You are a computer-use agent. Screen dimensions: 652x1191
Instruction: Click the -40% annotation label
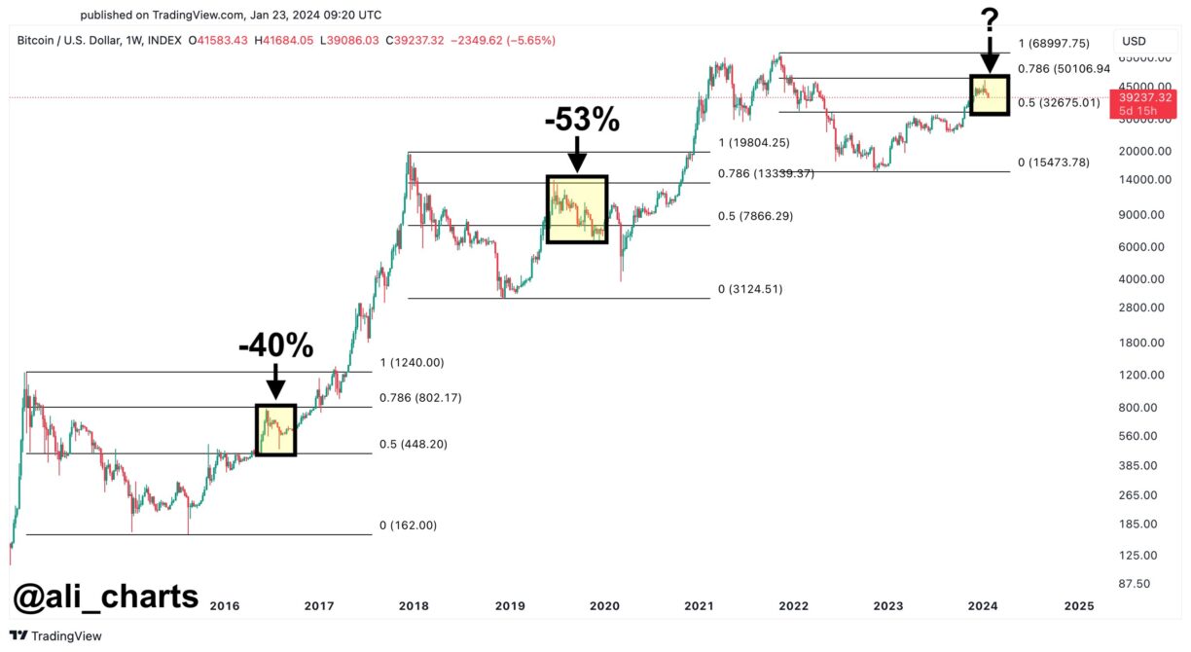pos(275,345)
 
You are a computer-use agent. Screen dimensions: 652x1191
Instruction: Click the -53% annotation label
pos(581,120)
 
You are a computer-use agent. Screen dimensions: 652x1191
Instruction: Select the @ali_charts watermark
pos(105,596)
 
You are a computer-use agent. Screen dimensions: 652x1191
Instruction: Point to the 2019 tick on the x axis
pos(510,605)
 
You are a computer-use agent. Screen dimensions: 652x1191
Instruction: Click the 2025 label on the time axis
pos(1078,605)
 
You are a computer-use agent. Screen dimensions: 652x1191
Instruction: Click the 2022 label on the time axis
pos(794,605)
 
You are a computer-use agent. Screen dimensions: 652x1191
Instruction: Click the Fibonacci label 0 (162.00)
pos(409,525)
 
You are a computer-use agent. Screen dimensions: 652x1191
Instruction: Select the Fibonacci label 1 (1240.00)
pos(412,363)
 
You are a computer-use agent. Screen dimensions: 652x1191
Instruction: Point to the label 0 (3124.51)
pos(749,289)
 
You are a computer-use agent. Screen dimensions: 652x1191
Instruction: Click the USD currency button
pos(1135,41)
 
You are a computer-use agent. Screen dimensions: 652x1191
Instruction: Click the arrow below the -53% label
pos(577,156)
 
